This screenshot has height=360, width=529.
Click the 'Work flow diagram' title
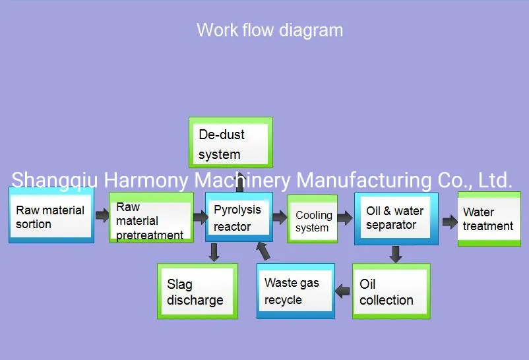coord(270,30)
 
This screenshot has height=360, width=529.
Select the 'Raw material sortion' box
coord(51,217)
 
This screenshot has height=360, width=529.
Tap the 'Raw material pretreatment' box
coord(151,219)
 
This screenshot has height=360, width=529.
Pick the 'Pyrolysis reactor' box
coord(239,218)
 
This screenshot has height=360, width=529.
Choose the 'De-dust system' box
coord(230,142)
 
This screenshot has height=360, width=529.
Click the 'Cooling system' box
coord(312,220)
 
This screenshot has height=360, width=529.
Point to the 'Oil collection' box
coord(390,291)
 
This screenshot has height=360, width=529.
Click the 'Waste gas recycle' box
coord(296,291)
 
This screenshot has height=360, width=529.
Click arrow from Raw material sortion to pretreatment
coord(102,215)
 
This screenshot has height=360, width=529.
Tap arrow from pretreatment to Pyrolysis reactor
coord(200,217)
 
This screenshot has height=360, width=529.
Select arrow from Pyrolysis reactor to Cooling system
coord(280,217)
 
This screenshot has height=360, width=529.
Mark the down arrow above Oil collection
coord(395,254)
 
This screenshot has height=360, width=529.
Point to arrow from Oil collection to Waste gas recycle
coord(343,290)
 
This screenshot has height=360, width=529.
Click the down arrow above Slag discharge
coord(214,252)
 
